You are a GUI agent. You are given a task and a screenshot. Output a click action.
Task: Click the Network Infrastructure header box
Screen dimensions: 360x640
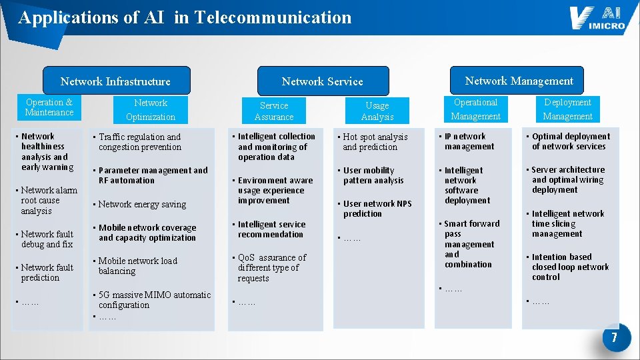tap(116, 81)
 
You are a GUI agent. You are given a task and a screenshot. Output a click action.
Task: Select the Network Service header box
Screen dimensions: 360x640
tap(322, 81)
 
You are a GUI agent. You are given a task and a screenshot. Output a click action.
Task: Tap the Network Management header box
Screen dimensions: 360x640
tap(519, 81)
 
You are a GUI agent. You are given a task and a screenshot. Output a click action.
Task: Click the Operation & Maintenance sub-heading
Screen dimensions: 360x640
tap(49, 107)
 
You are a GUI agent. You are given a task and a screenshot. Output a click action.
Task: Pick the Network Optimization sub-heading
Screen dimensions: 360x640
tap(151, 110)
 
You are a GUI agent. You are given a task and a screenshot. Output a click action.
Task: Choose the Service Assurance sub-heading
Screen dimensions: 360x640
tap(274, 111)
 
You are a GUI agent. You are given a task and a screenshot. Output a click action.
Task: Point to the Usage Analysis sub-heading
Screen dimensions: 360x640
tap(377, 111)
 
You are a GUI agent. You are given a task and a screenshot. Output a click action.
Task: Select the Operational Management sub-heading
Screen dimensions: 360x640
tap(475, 109)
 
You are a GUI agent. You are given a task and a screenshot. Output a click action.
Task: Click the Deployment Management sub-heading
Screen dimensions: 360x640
tap(567, 109)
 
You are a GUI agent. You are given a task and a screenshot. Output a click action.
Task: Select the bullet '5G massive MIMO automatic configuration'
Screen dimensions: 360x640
tap(153, 300)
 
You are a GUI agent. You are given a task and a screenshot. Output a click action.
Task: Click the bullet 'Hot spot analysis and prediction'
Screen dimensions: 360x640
tap(375, 142)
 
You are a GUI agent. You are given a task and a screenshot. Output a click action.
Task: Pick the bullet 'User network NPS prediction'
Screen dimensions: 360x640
tap(377, 209)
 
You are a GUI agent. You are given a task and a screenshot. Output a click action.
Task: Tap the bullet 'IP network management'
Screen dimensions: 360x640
tap(465, 141)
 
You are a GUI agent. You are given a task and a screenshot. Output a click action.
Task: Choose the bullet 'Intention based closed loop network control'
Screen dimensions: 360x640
tap(569, 267)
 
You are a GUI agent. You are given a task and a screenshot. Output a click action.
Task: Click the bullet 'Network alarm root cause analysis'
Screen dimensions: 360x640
tap(48, 201)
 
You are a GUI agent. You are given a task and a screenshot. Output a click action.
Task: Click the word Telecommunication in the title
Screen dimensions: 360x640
tap(273, 17)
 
